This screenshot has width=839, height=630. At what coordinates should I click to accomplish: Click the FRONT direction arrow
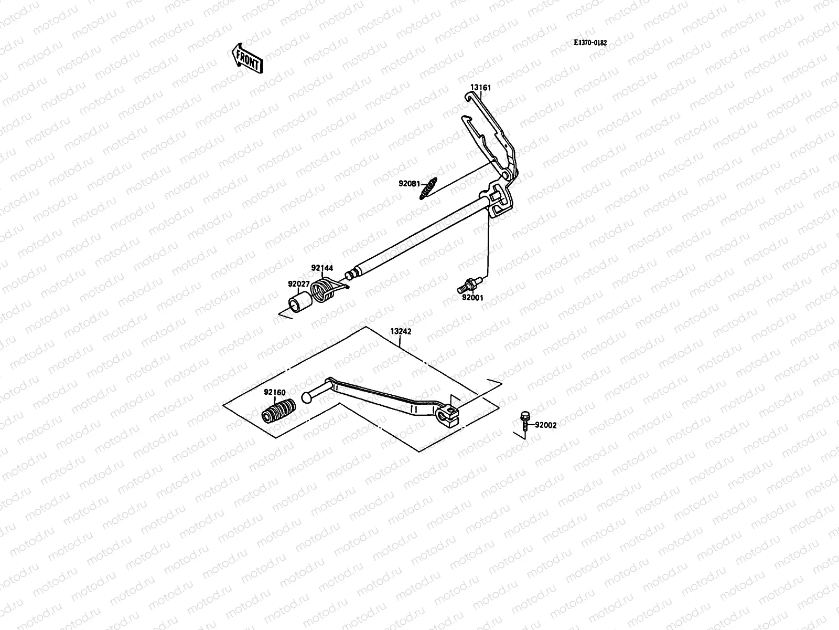pyautogui.click(x=246, y=58)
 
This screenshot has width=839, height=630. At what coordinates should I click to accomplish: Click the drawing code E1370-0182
pyautogui.click(x=590, y=43)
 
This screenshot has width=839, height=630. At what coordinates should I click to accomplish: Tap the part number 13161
pyautogui.click(x=480, y=88)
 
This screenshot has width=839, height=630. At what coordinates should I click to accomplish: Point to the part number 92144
pyautogui.click(x=322, y=268)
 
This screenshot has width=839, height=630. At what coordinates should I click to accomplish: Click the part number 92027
pyautogui.click(x=298, y=284)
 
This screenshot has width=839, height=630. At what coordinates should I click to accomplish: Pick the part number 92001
pyautogui.click(x=472, y=298)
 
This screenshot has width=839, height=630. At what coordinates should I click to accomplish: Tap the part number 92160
pyautogui.click(x=274, y=392)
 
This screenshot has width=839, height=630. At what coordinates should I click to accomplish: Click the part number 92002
pyautogui.click(x=546, y=425)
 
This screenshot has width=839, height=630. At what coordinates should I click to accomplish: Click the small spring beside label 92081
pyautogui.click(x=428, y=189)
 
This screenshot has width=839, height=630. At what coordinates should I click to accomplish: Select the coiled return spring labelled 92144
pyautogui.click(x=323, y=290)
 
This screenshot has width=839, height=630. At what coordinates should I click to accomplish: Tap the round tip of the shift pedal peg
pyautogui.click(x=306, y=400)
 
